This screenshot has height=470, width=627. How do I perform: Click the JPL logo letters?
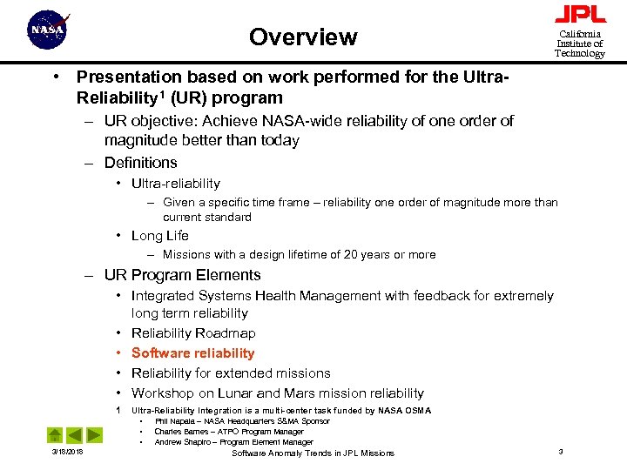pyautogui.click(x=580, y=15)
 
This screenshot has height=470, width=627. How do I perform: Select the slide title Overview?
pyautogui.click(x=303, y=37)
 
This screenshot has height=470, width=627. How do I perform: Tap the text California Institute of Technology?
pyautogui.click(x=580, y=44)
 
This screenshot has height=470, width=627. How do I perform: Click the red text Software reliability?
pyautogui.click(x=192, y=353)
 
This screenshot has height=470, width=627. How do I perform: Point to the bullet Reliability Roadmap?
pyautogui.click(x=193, y=333)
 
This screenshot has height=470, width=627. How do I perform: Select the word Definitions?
pyautogui.click(x=140, y=163)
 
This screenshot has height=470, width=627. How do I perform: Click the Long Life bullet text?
pyautogui.click(x=159, y=236)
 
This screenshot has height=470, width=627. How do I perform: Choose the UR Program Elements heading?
pyautogui.click(x=182, y=276)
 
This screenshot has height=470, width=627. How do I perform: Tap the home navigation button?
pyautogui.click(x=54, y=434)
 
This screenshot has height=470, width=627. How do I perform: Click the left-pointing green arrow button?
pyautogui.click(x=74, y=434)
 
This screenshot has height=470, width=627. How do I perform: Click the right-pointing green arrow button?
pyautogui.click(x=94, y=434)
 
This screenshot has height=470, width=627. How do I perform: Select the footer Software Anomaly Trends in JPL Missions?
pyautogui.click(x=313, y=453)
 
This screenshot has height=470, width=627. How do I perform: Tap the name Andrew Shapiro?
pyautogui.click(x=180, y=442)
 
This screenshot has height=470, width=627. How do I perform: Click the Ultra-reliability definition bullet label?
pyautogui.click(x=175, y=184)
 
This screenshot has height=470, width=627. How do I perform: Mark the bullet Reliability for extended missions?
pyautogui.click(x=231, y=373)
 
